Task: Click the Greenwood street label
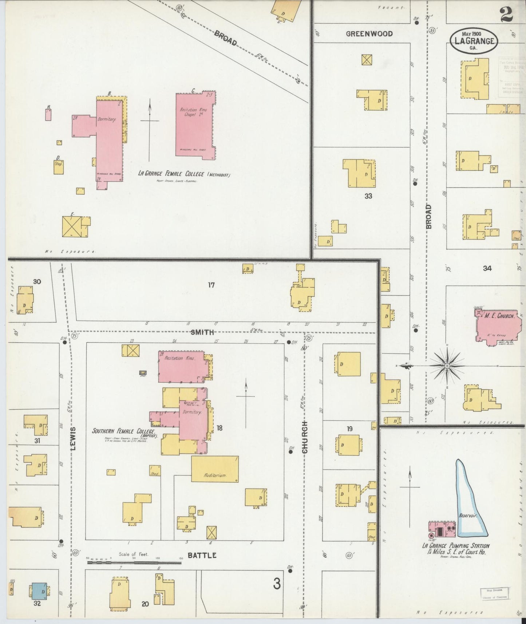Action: [369, 34]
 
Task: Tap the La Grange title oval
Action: [474, 40]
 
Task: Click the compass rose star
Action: [447, 365]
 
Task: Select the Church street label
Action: [305, 437]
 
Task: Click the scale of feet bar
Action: [134, 562]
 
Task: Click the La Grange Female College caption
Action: [184, 174]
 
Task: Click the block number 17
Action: [211, 285]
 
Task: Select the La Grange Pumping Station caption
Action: [455, 549]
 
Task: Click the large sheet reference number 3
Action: [277, 585]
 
